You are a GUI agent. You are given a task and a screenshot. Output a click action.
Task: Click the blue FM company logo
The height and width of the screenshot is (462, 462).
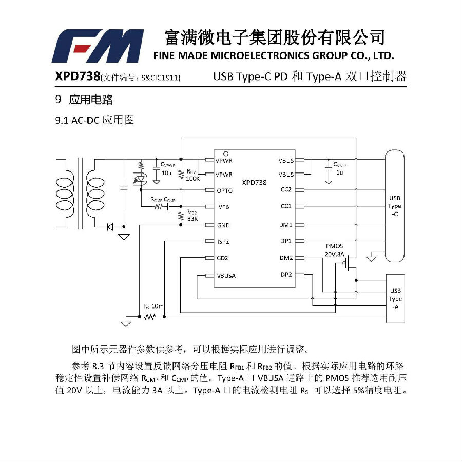(x=98, y=46)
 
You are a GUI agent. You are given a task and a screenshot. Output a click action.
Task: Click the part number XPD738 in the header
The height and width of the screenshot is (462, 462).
(x=78, y=76)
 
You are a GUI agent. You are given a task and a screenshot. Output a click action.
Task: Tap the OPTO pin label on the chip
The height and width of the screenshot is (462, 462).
(x=224, y=191)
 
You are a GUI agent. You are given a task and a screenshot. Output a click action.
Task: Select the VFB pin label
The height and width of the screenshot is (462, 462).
(x=224, y=207)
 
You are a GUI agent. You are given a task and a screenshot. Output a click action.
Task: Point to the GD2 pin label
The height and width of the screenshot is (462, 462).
(x=222, y=258)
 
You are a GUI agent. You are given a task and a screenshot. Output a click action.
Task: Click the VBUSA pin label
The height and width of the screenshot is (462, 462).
(x=226, y=276)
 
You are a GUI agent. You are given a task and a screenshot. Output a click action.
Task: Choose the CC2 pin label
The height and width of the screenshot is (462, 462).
(x=286, y=189)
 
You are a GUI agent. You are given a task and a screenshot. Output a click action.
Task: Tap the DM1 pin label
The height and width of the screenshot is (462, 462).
(x=286, y=225)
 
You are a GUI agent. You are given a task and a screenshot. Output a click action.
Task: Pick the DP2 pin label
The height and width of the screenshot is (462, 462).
(x=286, y=275)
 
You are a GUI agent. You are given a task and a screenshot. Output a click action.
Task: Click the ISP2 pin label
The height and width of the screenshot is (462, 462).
(x=223, y=242)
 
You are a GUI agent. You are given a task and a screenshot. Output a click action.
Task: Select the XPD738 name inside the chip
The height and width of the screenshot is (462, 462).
(x=254, y=183)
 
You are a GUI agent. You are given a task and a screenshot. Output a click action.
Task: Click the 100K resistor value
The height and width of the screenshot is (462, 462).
(x=193, y=179)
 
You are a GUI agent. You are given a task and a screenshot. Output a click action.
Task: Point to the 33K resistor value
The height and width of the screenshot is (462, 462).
(x=192, y=219)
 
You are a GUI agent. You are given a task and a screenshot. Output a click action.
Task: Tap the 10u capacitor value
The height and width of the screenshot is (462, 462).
(x=166, y=173)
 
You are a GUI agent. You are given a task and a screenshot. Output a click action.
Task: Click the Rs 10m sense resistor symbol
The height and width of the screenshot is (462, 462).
(x=150, y=317)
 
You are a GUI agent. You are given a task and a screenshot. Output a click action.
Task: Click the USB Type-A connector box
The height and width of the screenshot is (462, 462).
(x=395, y=299)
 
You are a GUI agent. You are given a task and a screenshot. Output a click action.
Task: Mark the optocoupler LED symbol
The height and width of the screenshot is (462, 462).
(x=140, y=180)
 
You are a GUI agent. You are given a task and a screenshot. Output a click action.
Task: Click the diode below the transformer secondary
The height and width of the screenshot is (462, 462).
(x=110, y=227)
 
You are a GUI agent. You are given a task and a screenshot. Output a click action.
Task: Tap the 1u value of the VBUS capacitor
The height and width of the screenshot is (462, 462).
(x=339, y=172)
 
